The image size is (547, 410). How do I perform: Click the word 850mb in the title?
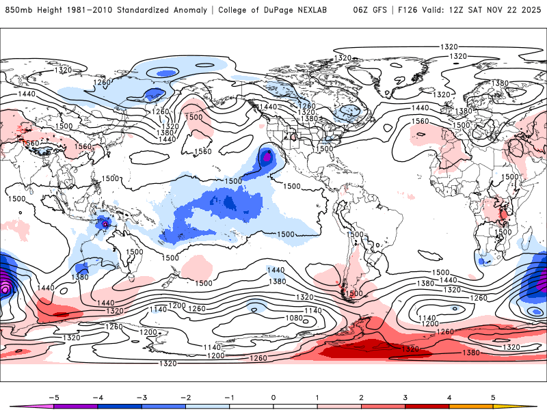click(18, 10)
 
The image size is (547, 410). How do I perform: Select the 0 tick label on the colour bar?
click(273, 396)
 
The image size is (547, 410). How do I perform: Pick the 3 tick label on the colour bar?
click(405, 396)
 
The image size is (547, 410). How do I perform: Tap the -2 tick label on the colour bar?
click(185, 396)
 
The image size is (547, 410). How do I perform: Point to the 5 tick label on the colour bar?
click(494, 396)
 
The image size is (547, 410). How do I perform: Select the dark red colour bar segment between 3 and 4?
click(427, 406)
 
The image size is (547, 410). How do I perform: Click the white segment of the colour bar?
click(273, 406)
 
